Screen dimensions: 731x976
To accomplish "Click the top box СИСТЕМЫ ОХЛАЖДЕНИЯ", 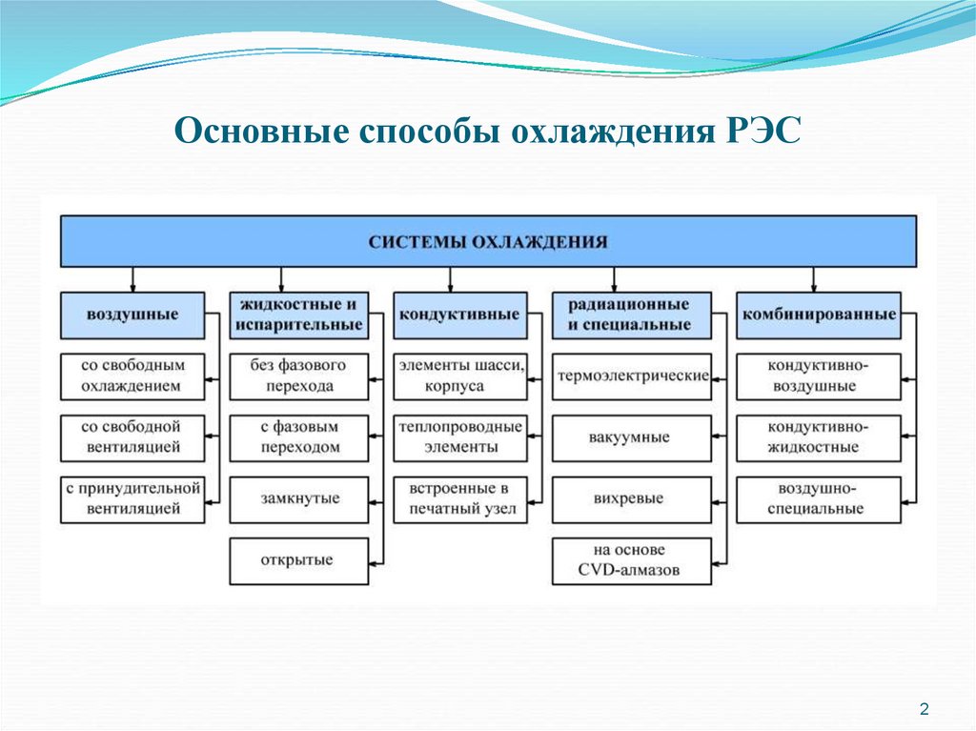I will click(488, 241).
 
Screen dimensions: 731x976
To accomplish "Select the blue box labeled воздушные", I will click(132, 315).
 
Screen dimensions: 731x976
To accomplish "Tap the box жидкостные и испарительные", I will click(296, 315).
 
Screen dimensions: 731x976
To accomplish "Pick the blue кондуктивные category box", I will click(459, 315).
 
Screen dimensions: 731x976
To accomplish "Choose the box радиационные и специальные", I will click(631, 315).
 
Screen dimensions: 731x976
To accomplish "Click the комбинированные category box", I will click(818, 315).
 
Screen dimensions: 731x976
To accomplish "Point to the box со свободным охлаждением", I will click(132, 376).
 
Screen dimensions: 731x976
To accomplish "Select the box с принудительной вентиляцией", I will click(132, 498).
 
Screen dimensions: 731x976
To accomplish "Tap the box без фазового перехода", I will click(298, 376).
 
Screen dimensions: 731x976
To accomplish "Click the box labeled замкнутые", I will click(298, 498).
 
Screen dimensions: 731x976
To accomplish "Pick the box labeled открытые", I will click(298, 560).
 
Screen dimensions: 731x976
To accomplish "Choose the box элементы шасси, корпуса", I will click(459, 376).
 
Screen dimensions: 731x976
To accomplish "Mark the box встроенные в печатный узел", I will click(459, 498).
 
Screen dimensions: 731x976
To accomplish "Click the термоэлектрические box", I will click(631, 376).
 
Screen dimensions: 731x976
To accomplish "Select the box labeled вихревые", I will click(631, 498).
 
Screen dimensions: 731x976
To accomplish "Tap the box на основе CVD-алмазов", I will click(631, 560).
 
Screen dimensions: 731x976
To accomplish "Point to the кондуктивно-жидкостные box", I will click(818, 437).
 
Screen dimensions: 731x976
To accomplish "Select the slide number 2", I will click(924, 707).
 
